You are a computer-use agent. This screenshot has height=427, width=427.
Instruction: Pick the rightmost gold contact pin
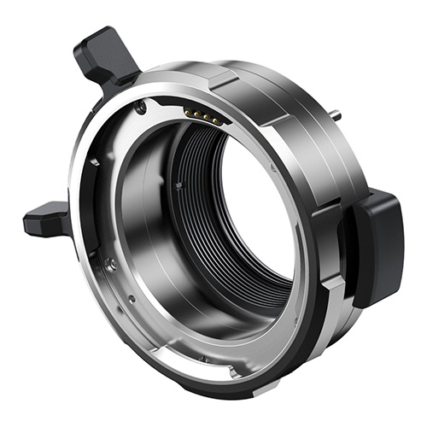click(218, 121)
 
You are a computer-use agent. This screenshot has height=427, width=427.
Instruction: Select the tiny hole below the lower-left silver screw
click(131, 298)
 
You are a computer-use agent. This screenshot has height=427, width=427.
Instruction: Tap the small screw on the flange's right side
click(273, 168)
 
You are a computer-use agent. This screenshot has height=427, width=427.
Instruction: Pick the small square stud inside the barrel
click(178, 184)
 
